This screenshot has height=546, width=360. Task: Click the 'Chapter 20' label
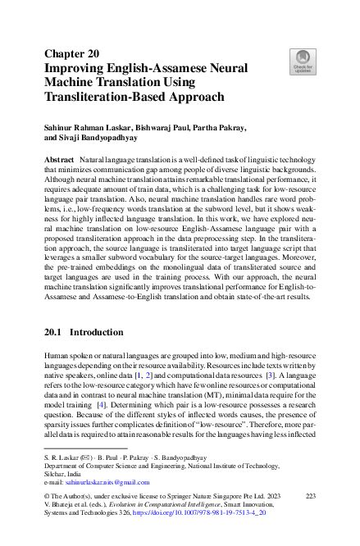[x=71, y=54]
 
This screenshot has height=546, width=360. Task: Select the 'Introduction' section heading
[x=107, y=334]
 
